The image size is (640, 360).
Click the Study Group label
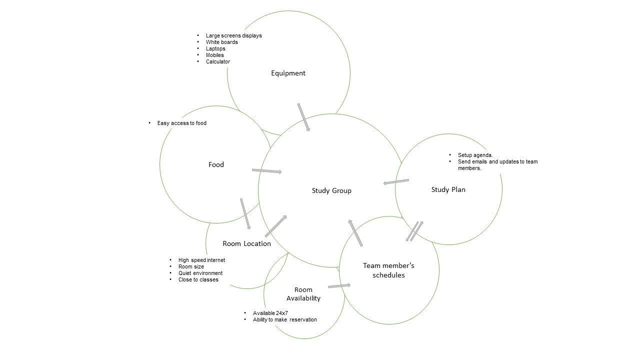click(331, 190)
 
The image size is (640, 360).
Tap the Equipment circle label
click(288, 73)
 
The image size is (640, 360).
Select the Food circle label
click(216, 164)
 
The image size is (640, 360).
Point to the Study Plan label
click(448, 189)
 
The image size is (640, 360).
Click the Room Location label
click(246, 244)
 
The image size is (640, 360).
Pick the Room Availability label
click(303, 294)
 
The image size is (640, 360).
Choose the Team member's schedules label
click(388, 270)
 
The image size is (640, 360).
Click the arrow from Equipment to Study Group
click(304, 117)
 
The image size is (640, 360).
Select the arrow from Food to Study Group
click(266, 171)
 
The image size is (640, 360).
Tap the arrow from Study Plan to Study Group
click(396, 181)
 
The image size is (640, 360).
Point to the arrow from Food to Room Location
click(245, 213)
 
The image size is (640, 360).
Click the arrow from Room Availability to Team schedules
click(339, 286)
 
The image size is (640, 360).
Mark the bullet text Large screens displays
click(233, 35)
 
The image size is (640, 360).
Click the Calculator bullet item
click(218, 61)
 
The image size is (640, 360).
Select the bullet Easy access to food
click(181, 123)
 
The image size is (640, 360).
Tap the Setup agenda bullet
click(475, 155)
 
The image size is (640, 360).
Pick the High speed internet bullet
click(201, 260)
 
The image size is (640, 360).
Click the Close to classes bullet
click(198, 279)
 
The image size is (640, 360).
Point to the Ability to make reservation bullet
click(284, 319)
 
